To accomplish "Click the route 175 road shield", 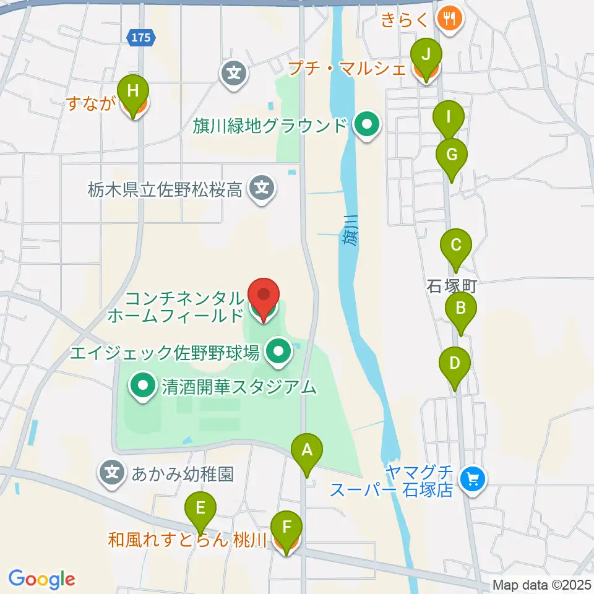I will click(x=140, y=38).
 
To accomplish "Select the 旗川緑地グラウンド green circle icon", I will click(x=368, y=126).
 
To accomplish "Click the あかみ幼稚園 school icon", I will click(x=112, y=473).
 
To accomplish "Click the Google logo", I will click(x=41, y=579).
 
